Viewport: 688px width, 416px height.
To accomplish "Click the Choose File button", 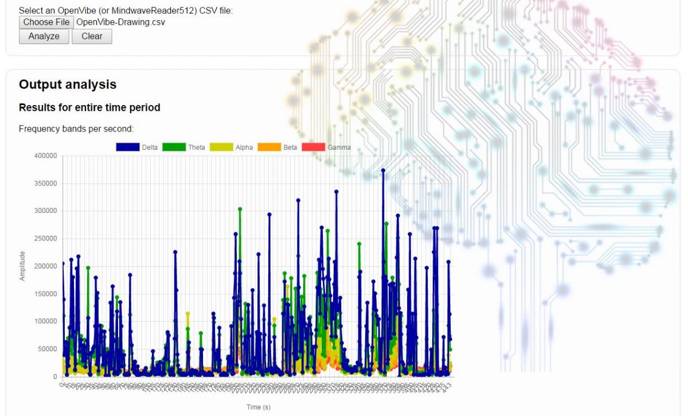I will (x=46, y=22).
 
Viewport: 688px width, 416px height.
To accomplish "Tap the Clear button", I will (x=92, y=36).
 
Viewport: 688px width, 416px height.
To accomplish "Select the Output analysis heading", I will (x=68, y=84).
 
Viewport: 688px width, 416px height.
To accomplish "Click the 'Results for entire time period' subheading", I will (x=89, y=107).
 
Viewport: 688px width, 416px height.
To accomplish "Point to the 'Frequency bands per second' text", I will (x=76, y=129).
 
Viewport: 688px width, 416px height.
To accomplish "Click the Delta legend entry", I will (x=137, y=147).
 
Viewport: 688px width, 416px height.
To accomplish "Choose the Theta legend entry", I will (x=184, y=147).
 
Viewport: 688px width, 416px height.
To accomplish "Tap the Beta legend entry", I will (x=278, y=147).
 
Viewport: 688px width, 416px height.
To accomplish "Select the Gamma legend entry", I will (x=326, y=147).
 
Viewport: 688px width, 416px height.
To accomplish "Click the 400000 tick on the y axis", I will (x=46, y=156).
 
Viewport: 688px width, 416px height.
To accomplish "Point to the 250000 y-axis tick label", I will (x=46, y=239).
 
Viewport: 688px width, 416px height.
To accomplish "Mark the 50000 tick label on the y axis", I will (x=48, y=349).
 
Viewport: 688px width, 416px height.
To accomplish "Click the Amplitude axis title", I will (x=23, y=266).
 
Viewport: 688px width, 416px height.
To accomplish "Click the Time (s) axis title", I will (x=258, y=407).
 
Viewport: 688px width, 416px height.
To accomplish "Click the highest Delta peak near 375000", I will (x=383, y=170).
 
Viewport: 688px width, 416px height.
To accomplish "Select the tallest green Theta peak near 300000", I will (x=240, y=209).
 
